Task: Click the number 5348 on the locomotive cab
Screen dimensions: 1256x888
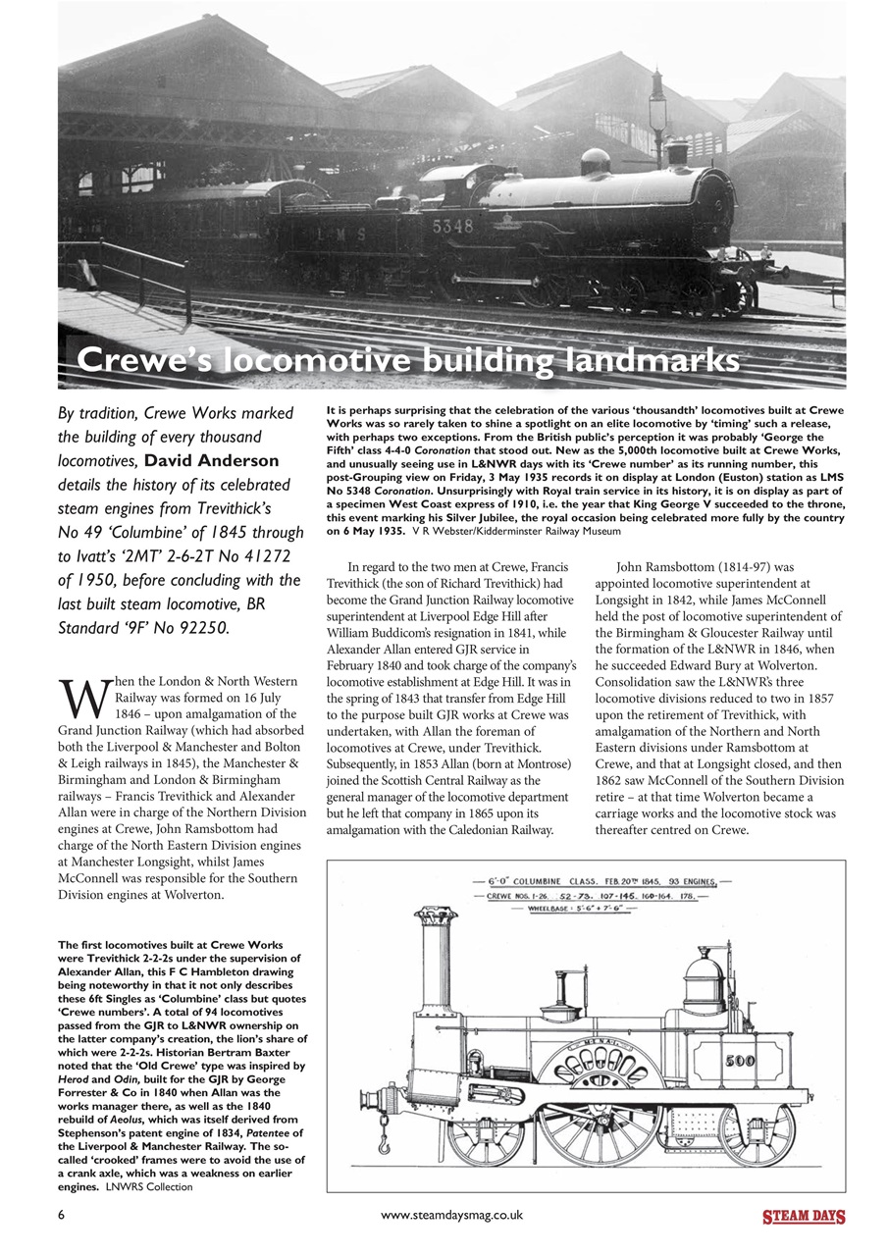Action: (x=451, y=226)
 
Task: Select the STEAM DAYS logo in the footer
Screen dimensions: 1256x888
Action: (x=804, y=1218)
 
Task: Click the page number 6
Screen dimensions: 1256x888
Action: (x=62, y=1215)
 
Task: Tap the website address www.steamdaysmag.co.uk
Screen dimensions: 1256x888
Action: (x=451, y=1215)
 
